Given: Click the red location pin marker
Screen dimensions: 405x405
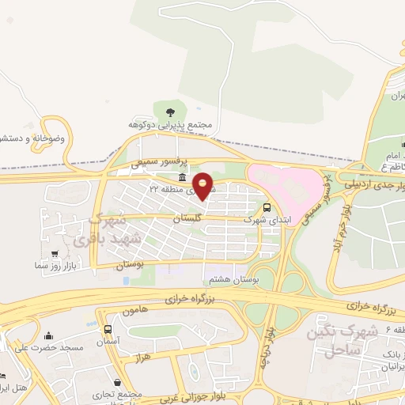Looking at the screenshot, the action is click(203, 185).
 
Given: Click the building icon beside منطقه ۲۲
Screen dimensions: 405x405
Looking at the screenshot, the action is click(183, 177).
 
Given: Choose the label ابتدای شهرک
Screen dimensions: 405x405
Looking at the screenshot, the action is click(260, 219).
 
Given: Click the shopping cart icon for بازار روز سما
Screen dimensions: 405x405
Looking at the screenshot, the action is click(54, 255).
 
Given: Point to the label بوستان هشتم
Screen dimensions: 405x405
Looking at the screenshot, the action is click(226, 279).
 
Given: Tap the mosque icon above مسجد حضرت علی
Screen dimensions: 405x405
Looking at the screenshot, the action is click(49, 335).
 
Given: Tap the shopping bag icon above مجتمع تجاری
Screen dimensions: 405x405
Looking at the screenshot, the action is click(118, 383).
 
